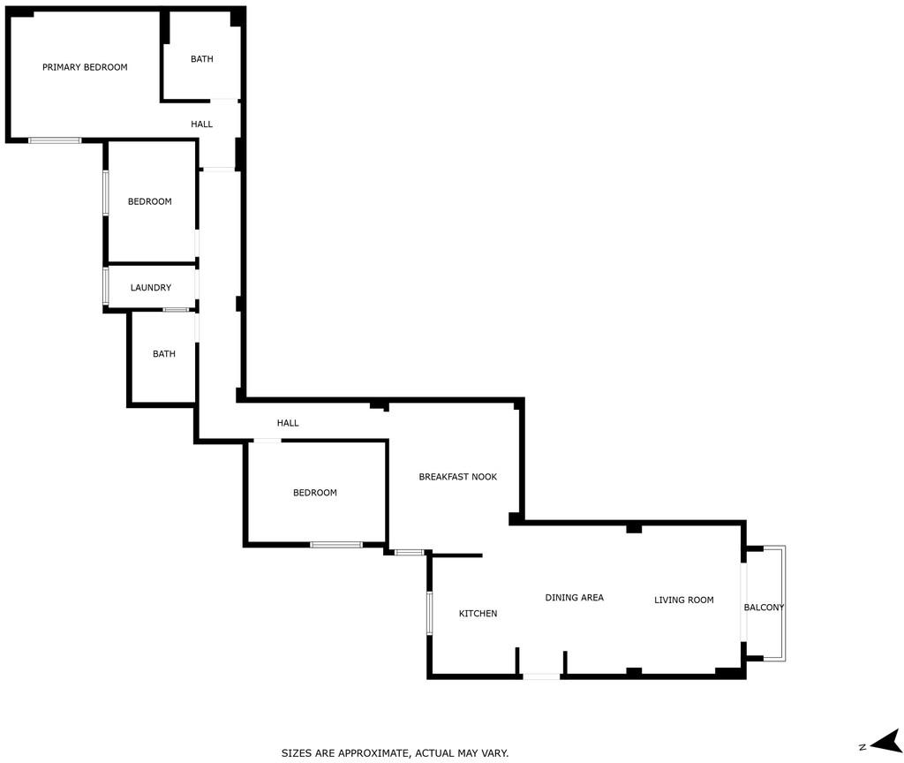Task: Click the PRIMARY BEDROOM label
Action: [85, 67]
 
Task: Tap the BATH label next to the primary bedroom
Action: [202, 59]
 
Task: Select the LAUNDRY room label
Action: [150, 288]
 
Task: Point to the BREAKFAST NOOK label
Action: [458, 477]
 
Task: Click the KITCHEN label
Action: [478, 614]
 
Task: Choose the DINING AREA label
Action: [574, 598]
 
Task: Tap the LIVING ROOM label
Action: [684, 600]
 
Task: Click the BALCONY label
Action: [764, 608]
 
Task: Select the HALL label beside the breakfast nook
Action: [288, 423]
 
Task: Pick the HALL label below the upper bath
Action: [202, 124]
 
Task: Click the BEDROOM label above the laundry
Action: [150, 202]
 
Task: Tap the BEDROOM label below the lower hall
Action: [315, 493]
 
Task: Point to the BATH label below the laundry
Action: [163, 354]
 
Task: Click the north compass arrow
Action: [886, 741]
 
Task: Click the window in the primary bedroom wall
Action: [55, 140]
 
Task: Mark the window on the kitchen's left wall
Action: [430, 613]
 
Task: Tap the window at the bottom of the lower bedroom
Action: [336, 544]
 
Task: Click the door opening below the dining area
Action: [541, 676]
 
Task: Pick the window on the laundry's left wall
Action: [106, 285]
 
